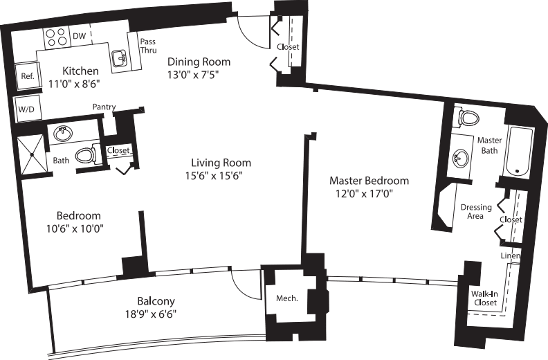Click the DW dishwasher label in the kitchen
(79, 36)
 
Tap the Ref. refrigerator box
(28, 76)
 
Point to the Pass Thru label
(147, 46)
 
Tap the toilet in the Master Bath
(468, 117)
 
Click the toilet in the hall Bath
(86, 154)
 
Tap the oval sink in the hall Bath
(64, 132)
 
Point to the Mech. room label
(286, 298)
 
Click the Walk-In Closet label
(484, 298)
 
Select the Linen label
(511, 255)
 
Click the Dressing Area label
(476, 212)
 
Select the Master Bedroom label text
(368, 181)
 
